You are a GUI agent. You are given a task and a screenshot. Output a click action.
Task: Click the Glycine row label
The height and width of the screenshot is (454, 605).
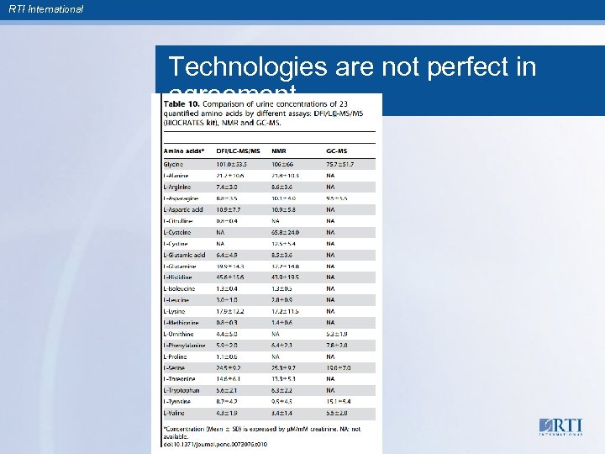click(x=176, y=164)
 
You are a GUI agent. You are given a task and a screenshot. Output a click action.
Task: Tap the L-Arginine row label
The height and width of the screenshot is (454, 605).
click(x=178, y=187)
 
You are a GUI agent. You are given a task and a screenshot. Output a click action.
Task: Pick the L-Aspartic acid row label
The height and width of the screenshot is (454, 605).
click(x=184, y=209)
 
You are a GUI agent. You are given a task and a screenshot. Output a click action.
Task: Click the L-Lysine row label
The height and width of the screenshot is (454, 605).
click(x=176, y=311)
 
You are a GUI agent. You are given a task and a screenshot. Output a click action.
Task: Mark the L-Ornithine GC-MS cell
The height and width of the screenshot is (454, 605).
click(x=337, y=334)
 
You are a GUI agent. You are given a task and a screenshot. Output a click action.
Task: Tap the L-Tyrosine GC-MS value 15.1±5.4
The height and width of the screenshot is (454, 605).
click(x=340, y=402)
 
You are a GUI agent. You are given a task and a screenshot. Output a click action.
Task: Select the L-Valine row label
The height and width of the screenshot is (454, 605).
click(x=176, y=413)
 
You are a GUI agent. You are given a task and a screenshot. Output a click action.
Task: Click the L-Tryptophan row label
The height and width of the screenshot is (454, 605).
click(x=181, y=390)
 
